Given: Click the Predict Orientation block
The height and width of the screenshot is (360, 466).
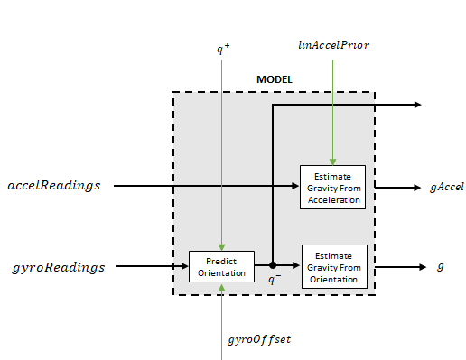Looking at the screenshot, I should point(221,266).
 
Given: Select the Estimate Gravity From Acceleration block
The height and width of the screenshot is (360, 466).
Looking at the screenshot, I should point(332,187).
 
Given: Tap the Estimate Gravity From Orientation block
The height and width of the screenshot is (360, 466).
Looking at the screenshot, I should point(334,266).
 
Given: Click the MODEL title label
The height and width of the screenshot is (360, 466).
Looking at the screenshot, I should point(275,79).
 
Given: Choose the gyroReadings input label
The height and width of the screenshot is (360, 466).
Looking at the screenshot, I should point(59,267).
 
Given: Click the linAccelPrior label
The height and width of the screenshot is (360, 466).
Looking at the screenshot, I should point(333,43).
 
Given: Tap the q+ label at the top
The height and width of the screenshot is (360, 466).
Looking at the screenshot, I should point(222,49).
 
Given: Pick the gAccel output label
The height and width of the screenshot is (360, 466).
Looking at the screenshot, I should point(446,188).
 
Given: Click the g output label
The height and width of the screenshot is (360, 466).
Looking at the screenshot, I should point(440,267).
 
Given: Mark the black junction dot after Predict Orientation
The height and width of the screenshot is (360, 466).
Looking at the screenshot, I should point(273,266).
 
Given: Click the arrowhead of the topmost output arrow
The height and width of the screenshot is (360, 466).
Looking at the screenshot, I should point(417,105).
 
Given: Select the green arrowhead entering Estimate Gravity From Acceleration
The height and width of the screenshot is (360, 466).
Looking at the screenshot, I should point(333,161).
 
